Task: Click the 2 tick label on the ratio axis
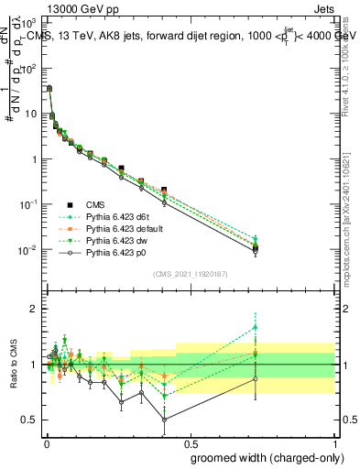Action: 34,309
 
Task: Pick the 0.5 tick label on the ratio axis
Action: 30,420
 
